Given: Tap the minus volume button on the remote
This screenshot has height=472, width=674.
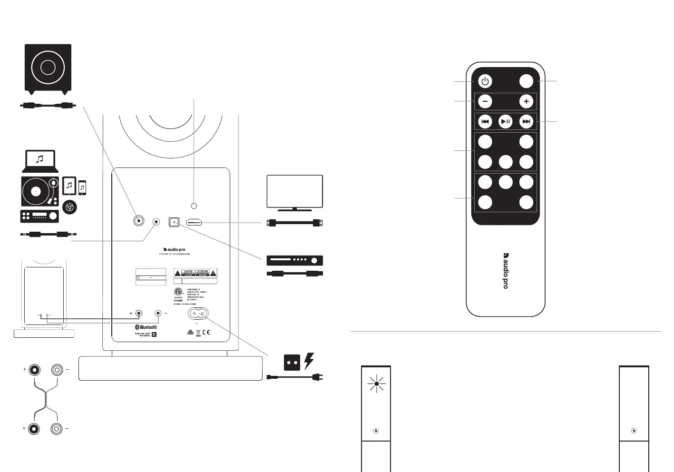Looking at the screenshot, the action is click(485, 101).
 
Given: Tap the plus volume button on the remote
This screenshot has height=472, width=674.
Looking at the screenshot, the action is click(526, 101).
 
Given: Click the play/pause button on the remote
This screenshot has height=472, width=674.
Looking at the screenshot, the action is click(505, 122).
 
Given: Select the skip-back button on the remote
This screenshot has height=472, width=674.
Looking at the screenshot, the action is click(485, 122).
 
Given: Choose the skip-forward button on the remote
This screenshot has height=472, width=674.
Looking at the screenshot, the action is click(526, 122).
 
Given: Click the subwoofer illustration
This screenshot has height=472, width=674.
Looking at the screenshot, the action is click(48, 68).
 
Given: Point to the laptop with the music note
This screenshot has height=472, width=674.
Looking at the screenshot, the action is click(40, 161).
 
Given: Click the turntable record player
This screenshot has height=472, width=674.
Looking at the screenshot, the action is click(40, 191).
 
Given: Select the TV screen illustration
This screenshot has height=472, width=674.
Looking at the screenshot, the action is click(294, 191).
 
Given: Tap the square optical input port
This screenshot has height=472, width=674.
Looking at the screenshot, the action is click(174, 222).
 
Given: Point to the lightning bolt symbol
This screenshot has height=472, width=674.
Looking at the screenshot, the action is click(309, 361).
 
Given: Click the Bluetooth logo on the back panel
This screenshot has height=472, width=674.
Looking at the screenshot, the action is click(147, 327).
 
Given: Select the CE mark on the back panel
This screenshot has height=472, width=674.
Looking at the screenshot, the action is click(206, 332).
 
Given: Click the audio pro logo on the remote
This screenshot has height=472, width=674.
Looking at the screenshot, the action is click(506, 271).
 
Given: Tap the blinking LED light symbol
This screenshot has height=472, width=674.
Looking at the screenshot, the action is click(376, 383).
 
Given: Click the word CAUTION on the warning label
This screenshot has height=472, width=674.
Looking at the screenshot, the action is click(188, 271).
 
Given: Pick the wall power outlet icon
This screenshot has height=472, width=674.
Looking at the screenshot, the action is click(292, 363).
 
